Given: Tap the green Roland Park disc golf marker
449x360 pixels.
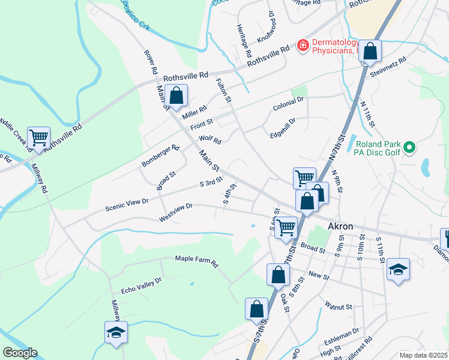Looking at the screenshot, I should (x=409, y=146).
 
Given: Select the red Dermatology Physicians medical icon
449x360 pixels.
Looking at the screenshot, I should (x=303, y=46).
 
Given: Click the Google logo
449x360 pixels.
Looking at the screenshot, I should (x=20, y=353).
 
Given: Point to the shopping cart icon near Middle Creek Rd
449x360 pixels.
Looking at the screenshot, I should (x=38, y=137).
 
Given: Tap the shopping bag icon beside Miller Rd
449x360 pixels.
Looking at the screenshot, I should (x=176, y=95).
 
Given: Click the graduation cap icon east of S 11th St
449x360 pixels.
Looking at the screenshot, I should (x=398, y=269).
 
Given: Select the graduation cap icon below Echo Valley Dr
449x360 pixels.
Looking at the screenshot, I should (x=116, y=332).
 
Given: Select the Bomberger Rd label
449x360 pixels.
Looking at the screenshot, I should (x=160, y=156).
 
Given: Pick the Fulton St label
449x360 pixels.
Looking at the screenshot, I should (x=223, y=90).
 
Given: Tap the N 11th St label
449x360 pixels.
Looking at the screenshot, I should (x=367, y=113).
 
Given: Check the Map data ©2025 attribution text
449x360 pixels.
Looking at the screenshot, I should (x=423, y=355).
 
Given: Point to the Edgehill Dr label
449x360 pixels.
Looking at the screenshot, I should (x=283, y=127).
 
